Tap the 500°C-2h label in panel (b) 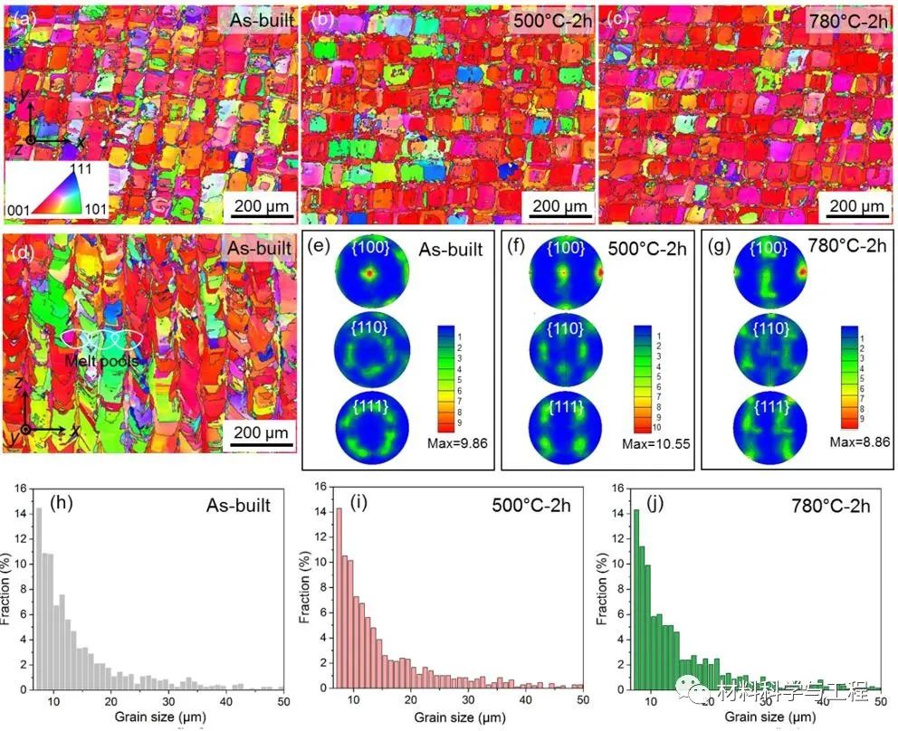(552, 20)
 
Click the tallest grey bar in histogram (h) (38, 598)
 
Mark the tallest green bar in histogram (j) (635, 598)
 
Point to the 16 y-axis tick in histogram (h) (22, 487)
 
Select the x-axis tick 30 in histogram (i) (467, 701)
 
